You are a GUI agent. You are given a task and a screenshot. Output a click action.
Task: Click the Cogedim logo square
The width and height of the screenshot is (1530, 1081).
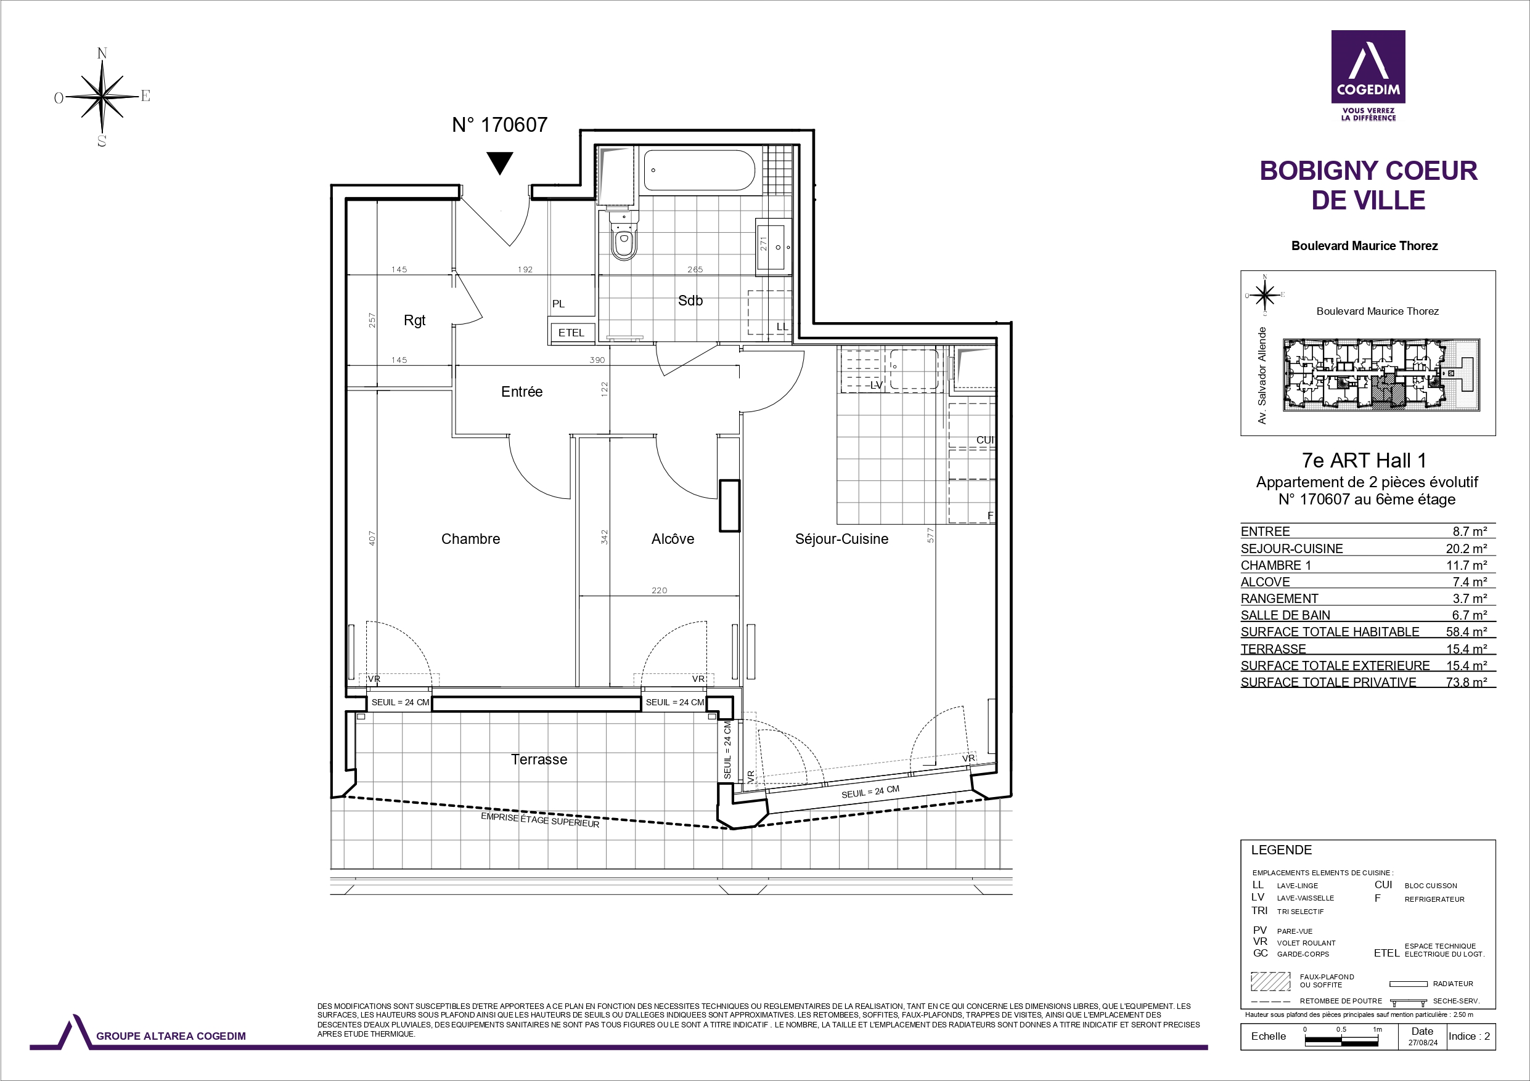[x=1368, y=67]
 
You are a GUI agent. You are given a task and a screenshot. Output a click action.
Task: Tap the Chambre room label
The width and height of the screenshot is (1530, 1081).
[x=470, y=539]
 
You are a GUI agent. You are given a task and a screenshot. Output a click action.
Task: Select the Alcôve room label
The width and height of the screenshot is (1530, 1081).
[x=673, y=539]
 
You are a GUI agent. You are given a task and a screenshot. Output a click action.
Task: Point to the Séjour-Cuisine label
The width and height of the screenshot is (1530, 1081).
[x=841, y=539]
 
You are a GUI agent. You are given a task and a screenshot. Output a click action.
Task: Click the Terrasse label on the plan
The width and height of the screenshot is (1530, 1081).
[x=539, y=759]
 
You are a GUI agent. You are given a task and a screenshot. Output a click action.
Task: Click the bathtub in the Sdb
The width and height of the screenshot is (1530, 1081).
[x=699, y=170]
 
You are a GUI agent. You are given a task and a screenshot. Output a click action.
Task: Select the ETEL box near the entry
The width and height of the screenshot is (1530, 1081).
[x=571, y=333]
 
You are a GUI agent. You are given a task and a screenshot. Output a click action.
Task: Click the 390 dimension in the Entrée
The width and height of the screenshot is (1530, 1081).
[x=597, y=360]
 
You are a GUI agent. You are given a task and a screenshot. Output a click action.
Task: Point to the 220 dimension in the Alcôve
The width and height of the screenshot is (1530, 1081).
[x=659, y=590]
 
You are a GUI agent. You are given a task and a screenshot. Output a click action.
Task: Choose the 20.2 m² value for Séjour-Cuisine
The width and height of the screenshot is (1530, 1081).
[x=1466, y=549]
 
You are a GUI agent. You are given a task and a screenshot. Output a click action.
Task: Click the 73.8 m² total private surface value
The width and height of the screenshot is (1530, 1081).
[x=1466, y=682]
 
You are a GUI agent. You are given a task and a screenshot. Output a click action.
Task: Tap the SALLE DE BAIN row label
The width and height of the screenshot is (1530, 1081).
[x=1285, y=615]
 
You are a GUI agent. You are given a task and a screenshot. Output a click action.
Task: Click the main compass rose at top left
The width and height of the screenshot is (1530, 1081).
[x=102, y=97]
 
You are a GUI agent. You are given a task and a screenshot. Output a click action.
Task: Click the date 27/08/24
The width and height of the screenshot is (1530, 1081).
[x=1423, y=1043]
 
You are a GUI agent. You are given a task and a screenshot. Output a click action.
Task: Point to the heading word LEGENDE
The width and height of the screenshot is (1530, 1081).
[x=1282, y=850]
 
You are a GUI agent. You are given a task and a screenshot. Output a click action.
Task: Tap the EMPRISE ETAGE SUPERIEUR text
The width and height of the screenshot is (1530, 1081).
[x=540, y=820]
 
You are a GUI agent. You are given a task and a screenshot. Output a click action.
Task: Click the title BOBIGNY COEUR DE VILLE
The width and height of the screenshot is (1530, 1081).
[x=1368, y=185]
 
